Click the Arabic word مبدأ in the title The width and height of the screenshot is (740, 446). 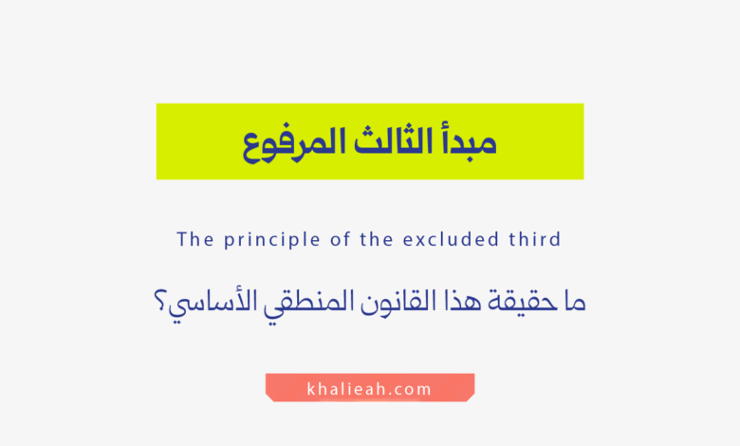(x=466, y=142)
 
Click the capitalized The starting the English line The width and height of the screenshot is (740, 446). (x=195, y=239)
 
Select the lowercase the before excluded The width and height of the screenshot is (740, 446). (x=376, y=239)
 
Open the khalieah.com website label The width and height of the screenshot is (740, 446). (x=370, y=388)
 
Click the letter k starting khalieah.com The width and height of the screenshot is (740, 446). (x=313, y=388)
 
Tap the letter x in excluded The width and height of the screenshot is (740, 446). (x=418, y=240)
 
